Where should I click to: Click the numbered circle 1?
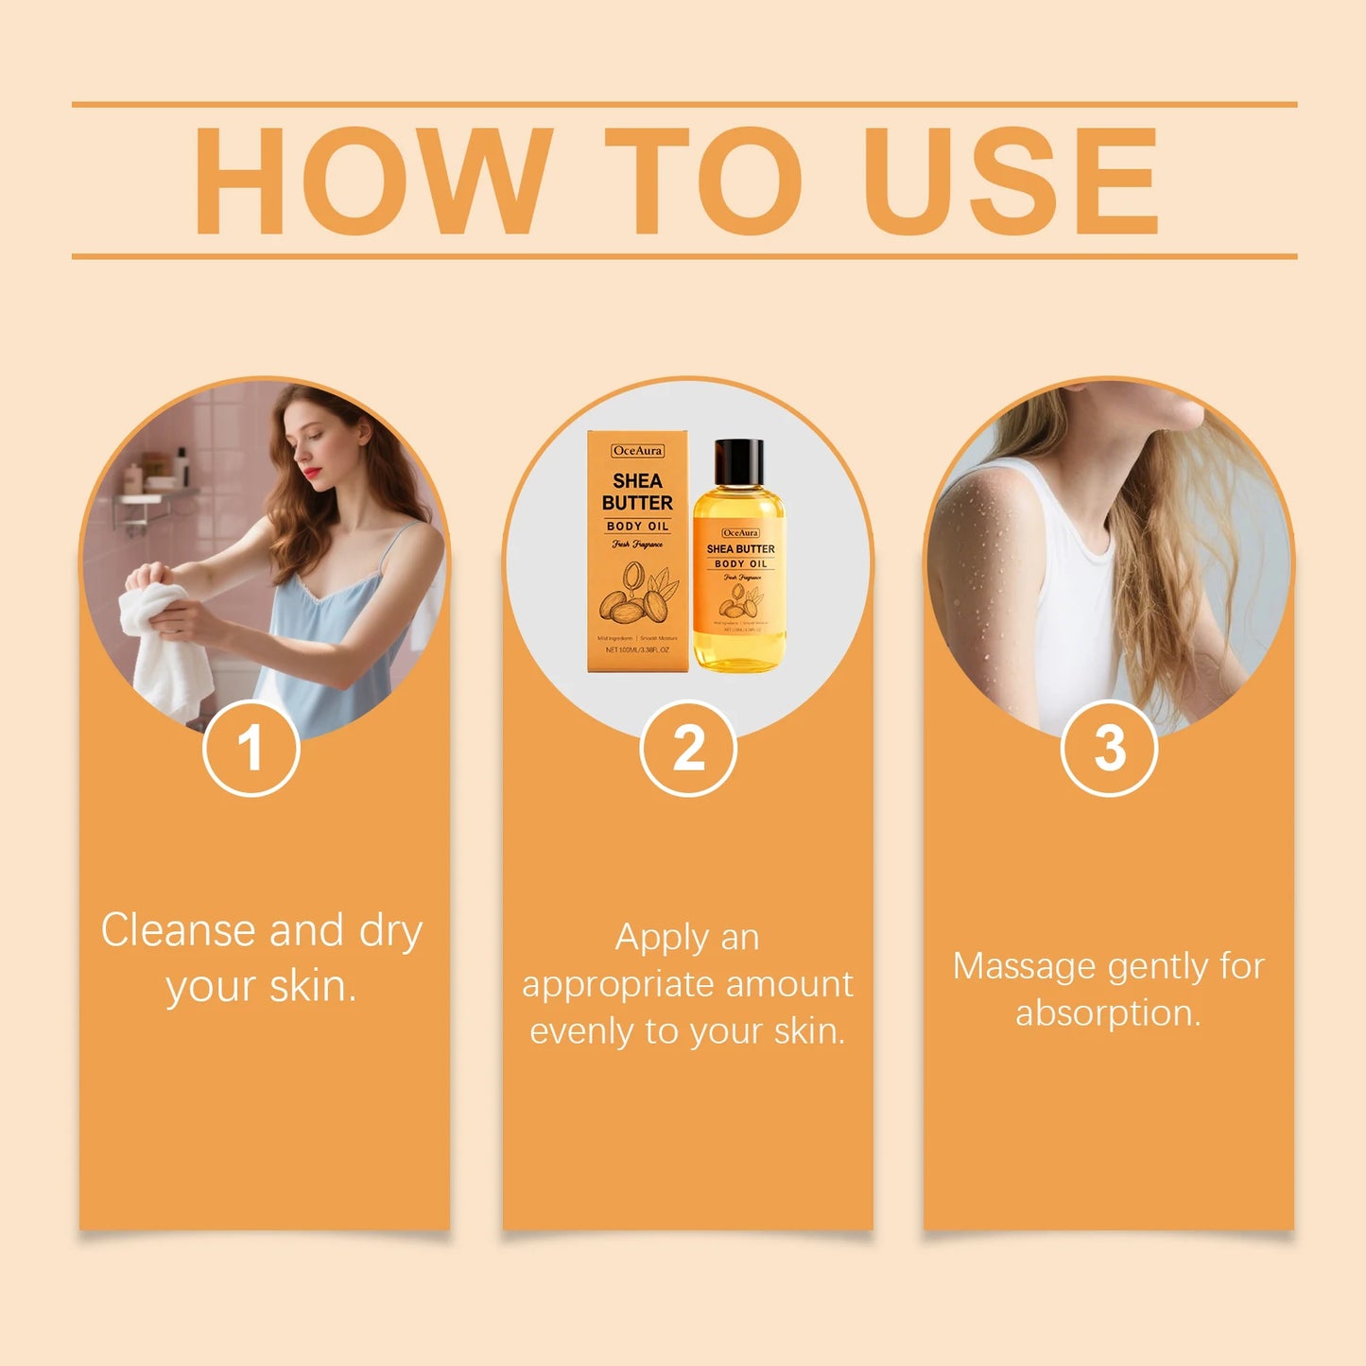coord(251,749)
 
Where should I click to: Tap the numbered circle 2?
coord(688,749)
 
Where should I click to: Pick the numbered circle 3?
coord(1109,749)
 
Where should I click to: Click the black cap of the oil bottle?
coord(738,462)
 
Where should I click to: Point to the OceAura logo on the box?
coord(637,451)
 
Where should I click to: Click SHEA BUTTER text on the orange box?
coord(637,492)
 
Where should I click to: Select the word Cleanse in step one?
coord(178,930)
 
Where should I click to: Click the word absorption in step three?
coord(1107,1013)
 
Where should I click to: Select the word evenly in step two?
coord(582,1031)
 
